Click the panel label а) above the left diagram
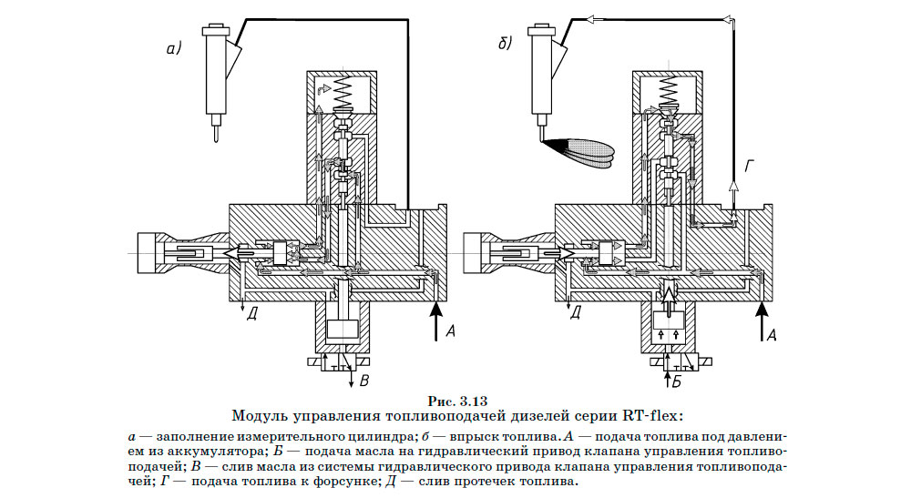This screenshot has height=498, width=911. tap(173, 49)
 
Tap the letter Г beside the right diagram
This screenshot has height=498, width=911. tap(750, 165)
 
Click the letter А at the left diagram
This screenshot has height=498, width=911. tap(449, 332)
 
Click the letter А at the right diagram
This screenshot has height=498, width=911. tap(772, 334)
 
